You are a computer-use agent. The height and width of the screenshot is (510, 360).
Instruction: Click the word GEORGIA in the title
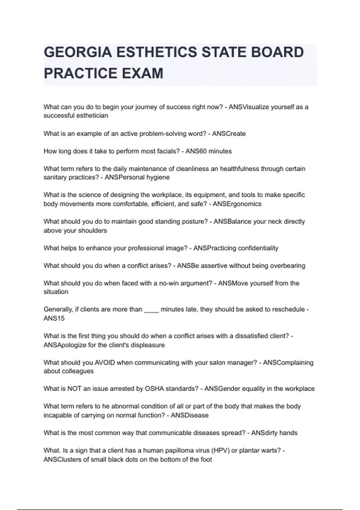click(x=78, y=52)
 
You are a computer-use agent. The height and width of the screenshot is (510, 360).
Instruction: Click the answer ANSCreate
click(x=229, y=134)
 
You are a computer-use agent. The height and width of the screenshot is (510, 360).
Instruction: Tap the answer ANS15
click(x=54, y=319)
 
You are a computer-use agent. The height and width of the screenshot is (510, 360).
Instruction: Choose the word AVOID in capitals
click(x=105, y=363)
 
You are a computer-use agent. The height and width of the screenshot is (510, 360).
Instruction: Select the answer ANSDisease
click(x=190, y=415)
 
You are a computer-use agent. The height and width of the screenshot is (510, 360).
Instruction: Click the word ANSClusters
click(x=62, y=460)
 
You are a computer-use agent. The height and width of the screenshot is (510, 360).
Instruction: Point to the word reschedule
click(x=288, y=309)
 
